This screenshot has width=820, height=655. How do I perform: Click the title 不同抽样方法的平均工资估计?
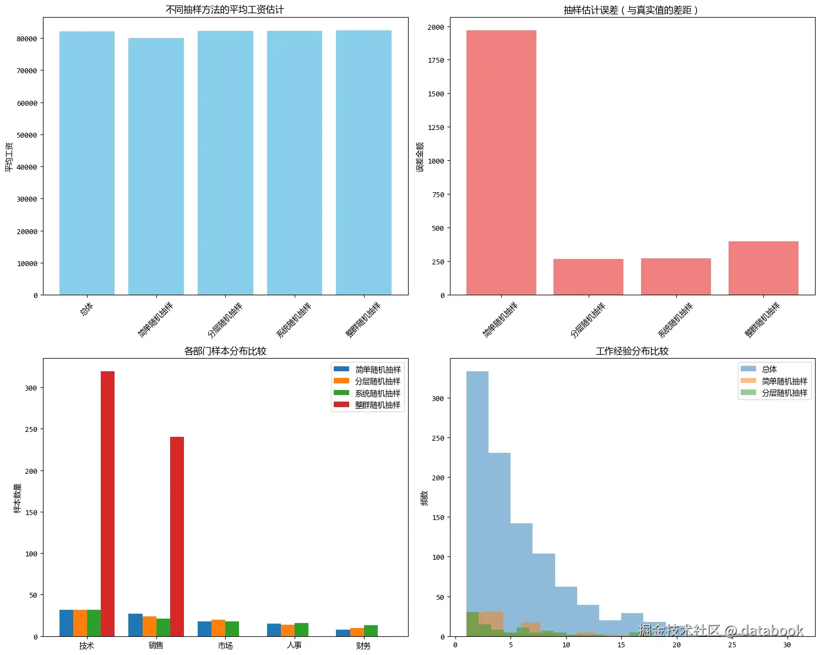click(x=225, y=9)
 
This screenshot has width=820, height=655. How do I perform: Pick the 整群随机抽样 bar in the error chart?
click(x=763, y=268)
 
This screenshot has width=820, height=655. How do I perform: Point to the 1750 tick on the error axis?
click(x=436, y=60)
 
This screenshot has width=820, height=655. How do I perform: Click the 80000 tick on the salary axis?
click(x=27, y=39)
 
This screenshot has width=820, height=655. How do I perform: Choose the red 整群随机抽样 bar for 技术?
click(x=108, y=504)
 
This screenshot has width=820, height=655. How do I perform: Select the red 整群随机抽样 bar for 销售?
click(x=177, y=537)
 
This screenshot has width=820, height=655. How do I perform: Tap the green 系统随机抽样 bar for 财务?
click(x=371, y=631)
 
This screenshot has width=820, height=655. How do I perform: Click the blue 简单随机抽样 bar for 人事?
click(x=274, y=630)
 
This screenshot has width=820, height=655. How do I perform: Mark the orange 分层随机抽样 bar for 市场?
click(x=218, y=628)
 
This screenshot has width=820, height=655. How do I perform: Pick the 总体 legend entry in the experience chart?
click(x=769, y=369)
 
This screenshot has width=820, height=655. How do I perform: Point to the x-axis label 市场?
click(x=225, y=645)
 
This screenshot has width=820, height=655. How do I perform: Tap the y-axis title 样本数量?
click(x=18, y=498)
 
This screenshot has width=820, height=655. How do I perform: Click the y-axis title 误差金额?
click(x=420, y=157)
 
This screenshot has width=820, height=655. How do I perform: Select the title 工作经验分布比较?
click(x=632, y=351)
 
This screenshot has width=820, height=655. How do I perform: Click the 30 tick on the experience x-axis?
click(x=787, y=645)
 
